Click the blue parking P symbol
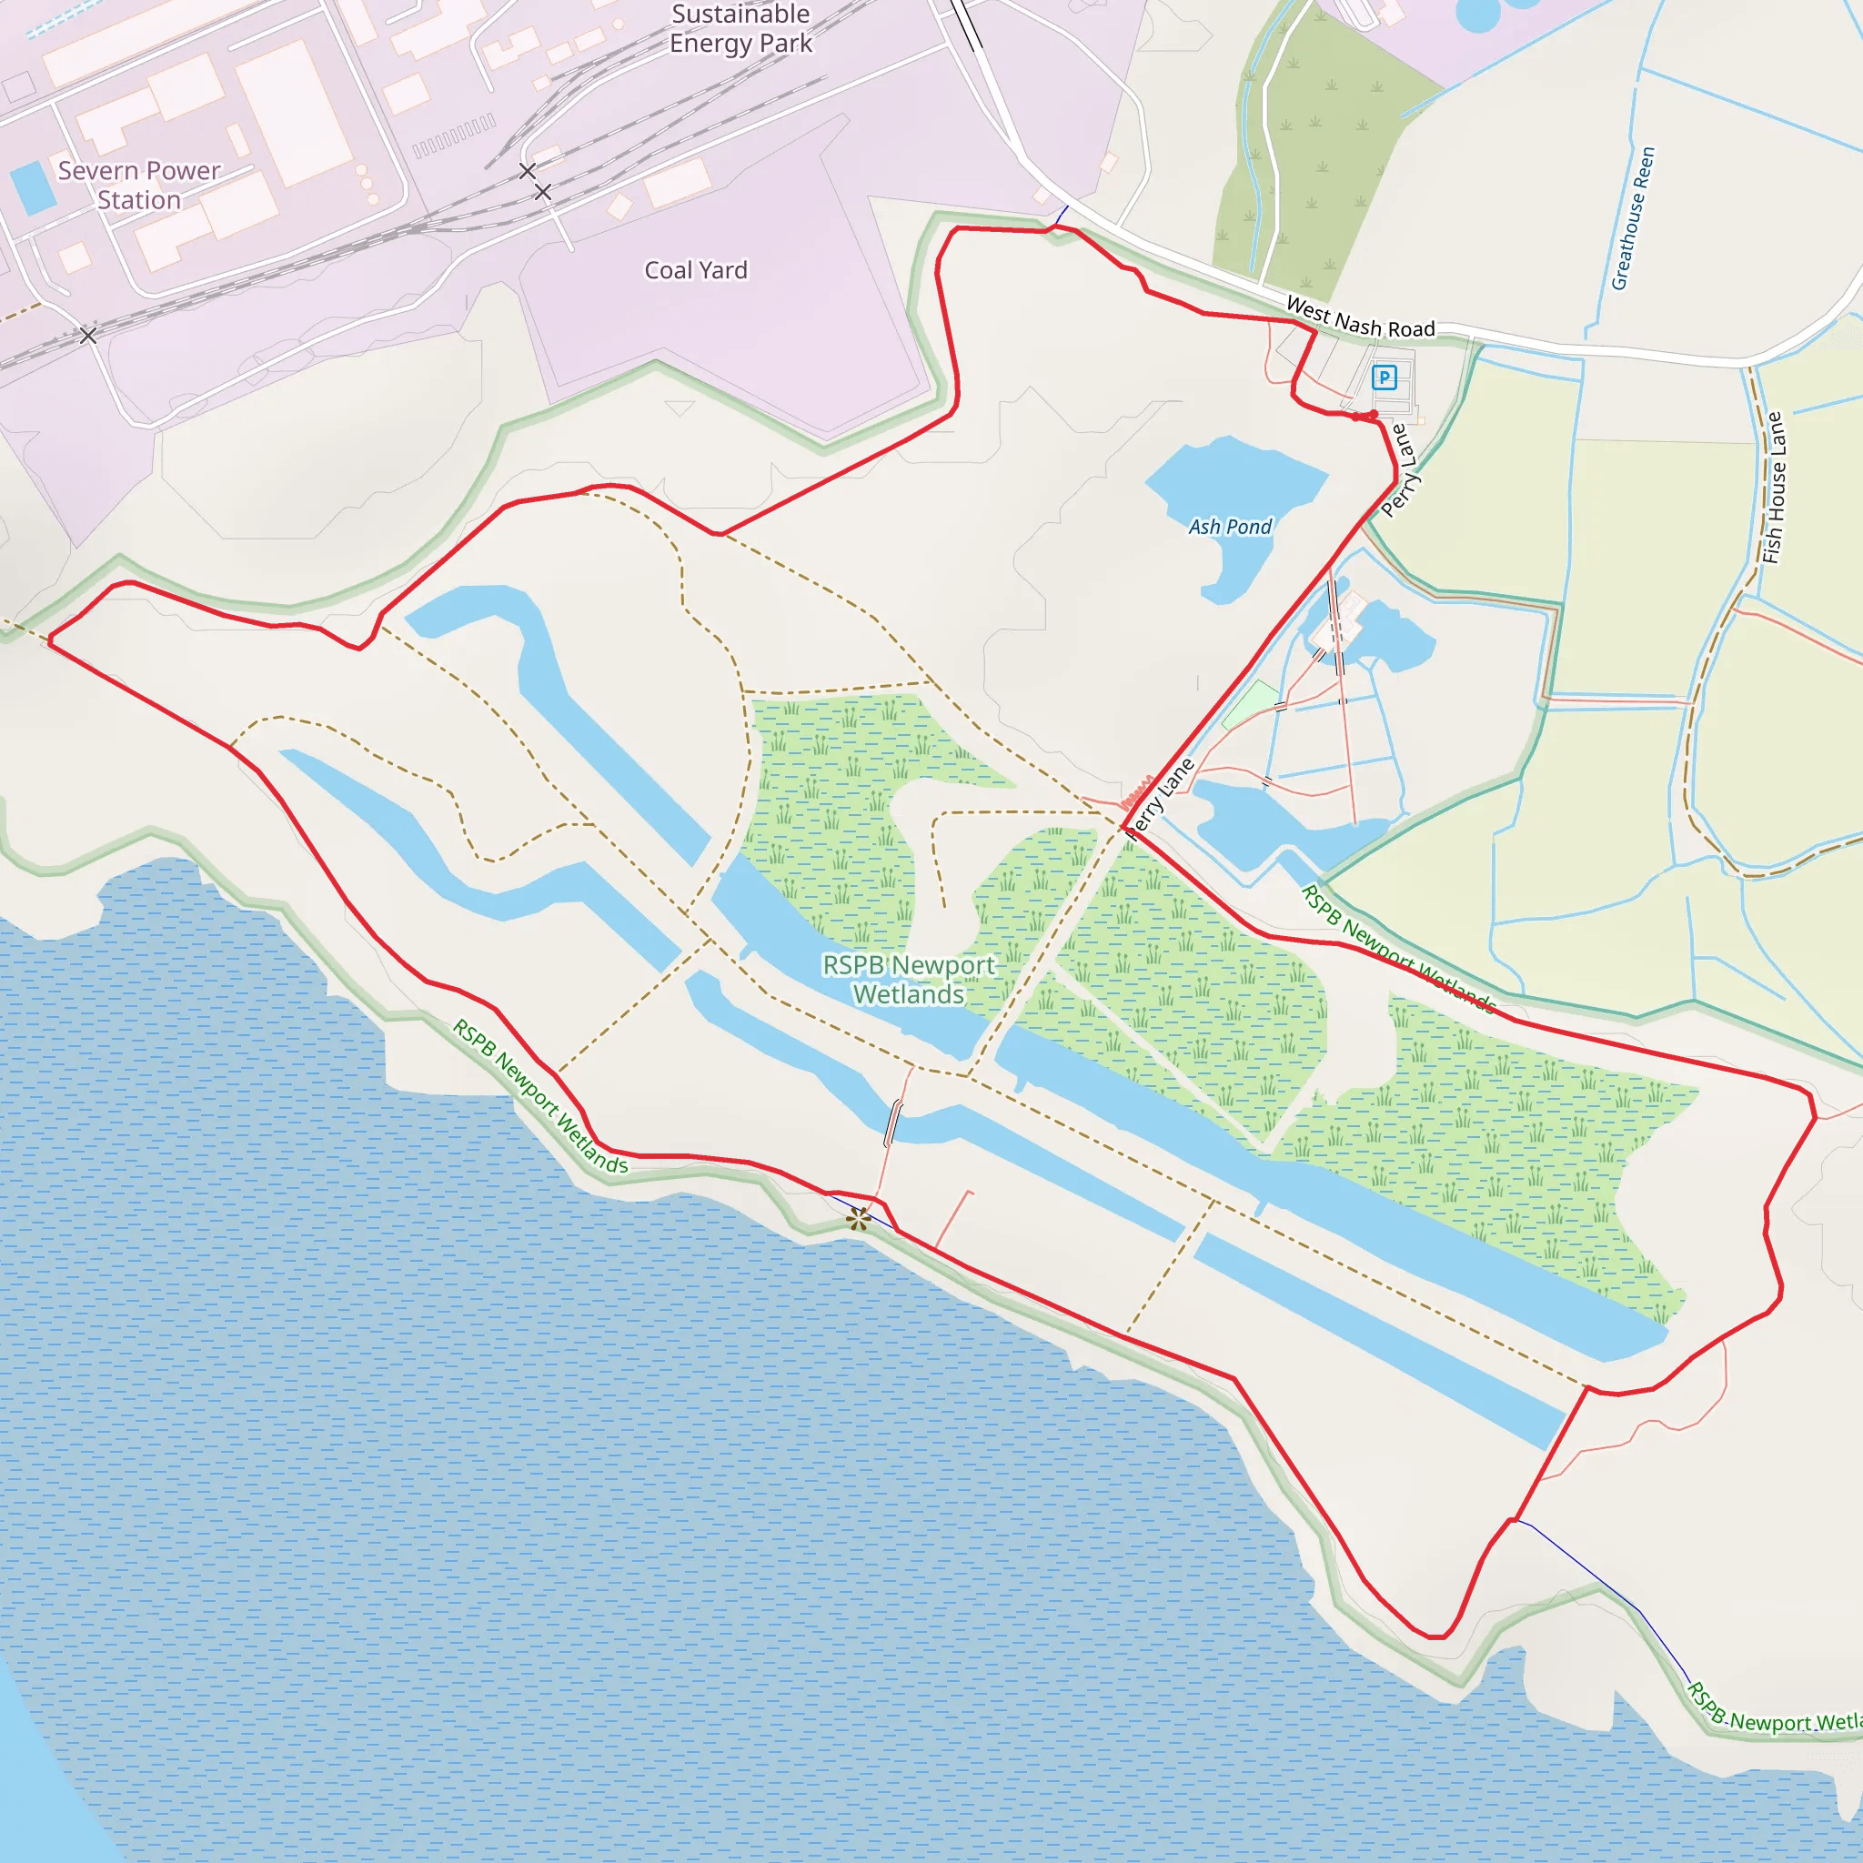pos(1384,377)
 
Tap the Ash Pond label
pos(1230,527)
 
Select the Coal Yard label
pos(695,270)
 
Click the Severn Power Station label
pos(139,186)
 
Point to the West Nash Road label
pos(1360,318)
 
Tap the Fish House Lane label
pos(1773,488)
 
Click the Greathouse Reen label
pos(1633,218)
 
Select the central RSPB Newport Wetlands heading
pos(909,979)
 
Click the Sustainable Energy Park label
pos(740,29)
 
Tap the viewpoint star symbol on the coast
pos(858,1219)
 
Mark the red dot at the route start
pos(1373,415)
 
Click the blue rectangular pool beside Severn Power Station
pos(32,187)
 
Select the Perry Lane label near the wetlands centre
pos(1160,800)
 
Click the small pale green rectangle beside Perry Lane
pos(1251,704)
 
